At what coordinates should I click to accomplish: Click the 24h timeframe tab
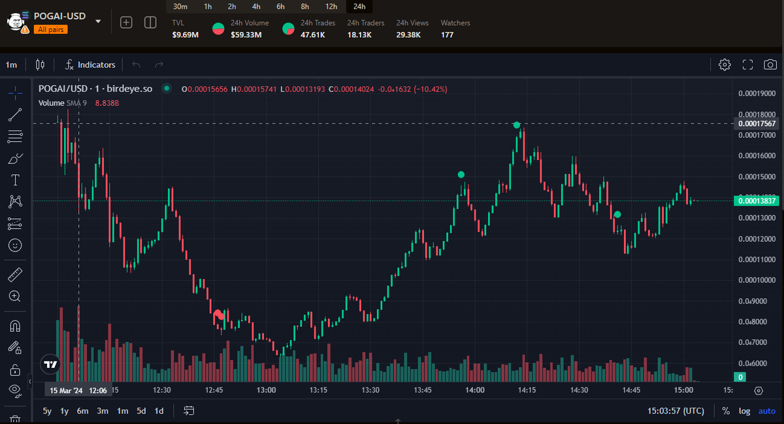pyautogui.click(x=359, y=7)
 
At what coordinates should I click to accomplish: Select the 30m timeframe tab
pyautogui.click(x=180, y=7)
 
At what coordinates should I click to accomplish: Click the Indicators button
pyautogui.click(x=90, y=65)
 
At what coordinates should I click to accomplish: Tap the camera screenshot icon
pyautogui.click(x=770, y=65)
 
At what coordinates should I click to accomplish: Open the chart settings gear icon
pyautogui.click(x=725, y=65)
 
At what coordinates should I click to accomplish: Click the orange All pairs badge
pyautogui.click(x=50, y=29)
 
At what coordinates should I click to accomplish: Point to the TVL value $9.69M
pyautogui.click(x=185, y=35)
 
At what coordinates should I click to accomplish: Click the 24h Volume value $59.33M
pyautogui.click(x=246, y=35)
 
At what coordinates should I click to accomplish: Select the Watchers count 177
pyautogui.click(x=448, y=35)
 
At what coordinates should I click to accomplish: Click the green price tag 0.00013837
pyautogui.click(x=757, y=201)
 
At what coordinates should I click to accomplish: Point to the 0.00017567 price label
pyautogui.click(x=757, y=123)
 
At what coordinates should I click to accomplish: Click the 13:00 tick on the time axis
pyautogui.click(x=266, y=390)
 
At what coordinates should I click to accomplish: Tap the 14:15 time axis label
pyautogui.click(x=527, y=390)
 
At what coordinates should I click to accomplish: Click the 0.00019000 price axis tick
pyautogui.click(x=757, y=93)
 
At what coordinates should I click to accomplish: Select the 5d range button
pyautogui.click(x=141, y=411)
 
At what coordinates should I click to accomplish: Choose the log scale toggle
pyautogui.click(x=745, y=411)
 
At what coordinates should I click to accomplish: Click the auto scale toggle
pyautogui.click(x=766, y=411)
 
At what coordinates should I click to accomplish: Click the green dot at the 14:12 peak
pyautogui.click(x=517, y=125)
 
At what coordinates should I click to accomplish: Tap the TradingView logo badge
pyautogui.click(x=50, y=364)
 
